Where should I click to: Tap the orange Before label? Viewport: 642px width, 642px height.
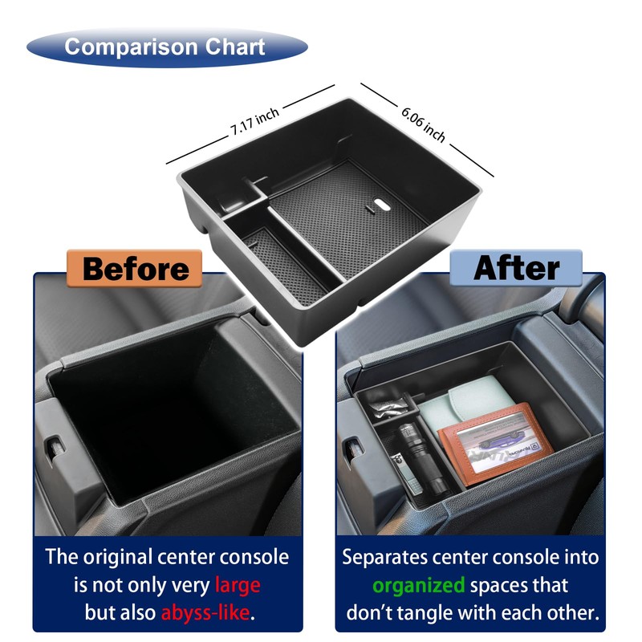pos(135,268)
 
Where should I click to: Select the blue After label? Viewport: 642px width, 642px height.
pos(516,268)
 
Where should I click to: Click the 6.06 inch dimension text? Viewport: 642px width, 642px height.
pos(423,123)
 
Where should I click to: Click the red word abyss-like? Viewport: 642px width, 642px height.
pos(205,613)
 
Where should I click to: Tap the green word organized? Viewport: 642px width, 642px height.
pos(418,584)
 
